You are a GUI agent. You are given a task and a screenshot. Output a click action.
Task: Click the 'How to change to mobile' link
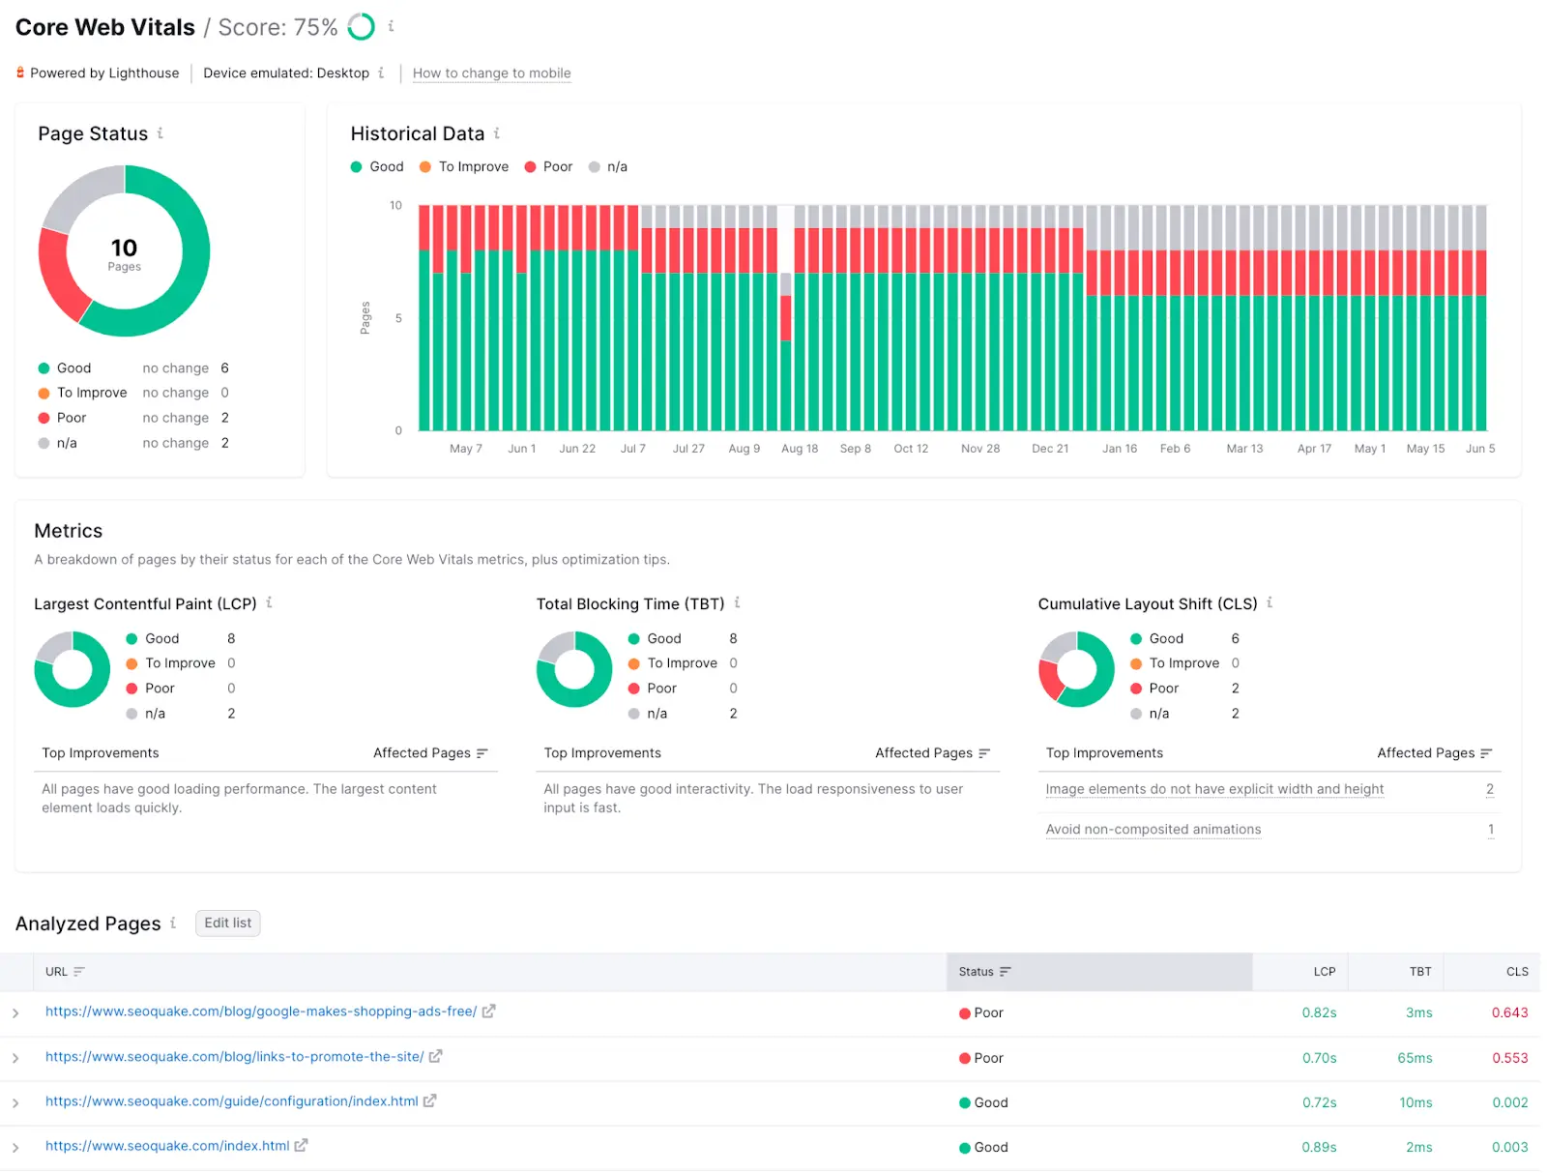[x=491, y=73]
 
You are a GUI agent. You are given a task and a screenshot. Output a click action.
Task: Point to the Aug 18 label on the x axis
[x=799, y=449]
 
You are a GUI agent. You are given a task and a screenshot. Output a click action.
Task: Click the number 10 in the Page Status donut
[x=124, y=249]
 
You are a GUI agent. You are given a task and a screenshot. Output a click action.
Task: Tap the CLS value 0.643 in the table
[x=1509, y=1012]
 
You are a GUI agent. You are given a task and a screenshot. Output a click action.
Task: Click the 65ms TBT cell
[x=1414, y=1058]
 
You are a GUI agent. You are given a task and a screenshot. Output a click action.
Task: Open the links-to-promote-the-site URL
[x=234, y=1057]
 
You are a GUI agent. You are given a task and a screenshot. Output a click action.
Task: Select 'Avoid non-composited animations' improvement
[x=1153, y=830]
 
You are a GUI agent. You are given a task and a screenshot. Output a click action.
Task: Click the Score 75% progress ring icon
[x=361, y=27]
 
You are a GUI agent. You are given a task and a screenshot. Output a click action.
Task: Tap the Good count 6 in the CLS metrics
[x=1235, y=639]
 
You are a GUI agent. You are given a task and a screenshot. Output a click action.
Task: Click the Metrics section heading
[x=68, y=531]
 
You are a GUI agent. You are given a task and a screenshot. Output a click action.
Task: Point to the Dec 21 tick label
[x=1049, y=449]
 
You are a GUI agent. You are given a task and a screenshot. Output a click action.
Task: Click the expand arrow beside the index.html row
[x=15, y=1148]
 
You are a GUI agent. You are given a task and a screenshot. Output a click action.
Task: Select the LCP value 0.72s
[x=1319, y=1103]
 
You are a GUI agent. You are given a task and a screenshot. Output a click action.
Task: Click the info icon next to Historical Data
[x=497, y=133]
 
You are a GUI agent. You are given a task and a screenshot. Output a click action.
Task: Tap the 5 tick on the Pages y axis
[x=398, y=318]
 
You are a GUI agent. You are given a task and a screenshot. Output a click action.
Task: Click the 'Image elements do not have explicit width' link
[x=1214, y=789]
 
